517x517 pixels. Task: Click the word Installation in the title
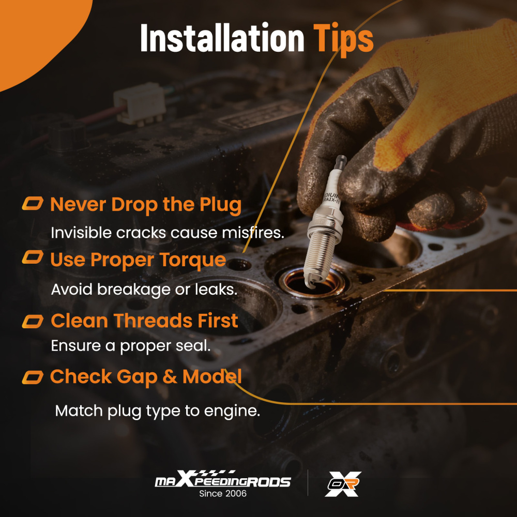click(222, 38)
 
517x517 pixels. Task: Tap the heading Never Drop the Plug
click(146, 205)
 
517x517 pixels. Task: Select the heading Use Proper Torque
click(138, 260)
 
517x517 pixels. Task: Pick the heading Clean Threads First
click(144, 321)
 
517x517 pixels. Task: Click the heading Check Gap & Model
click(146, 377)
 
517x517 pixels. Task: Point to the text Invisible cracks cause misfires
click(168, 233)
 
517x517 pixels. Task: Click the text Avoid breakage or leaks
click(144, 290)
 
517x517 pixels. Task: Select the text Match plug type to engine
click(158, 412)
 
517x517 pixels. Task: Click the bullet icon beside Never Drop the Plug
click(33, 203)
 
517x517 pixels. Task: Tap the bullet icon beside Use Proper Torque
click(33, 257)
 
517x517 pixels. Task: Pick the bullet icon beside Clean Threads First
click(33, 322)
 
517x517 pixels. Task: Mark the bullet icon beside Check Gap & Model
click(33, 377)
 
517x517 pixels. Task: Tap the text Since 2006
click(223, 494)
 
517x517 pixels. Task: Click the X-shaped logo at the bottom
click(343, 484)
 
